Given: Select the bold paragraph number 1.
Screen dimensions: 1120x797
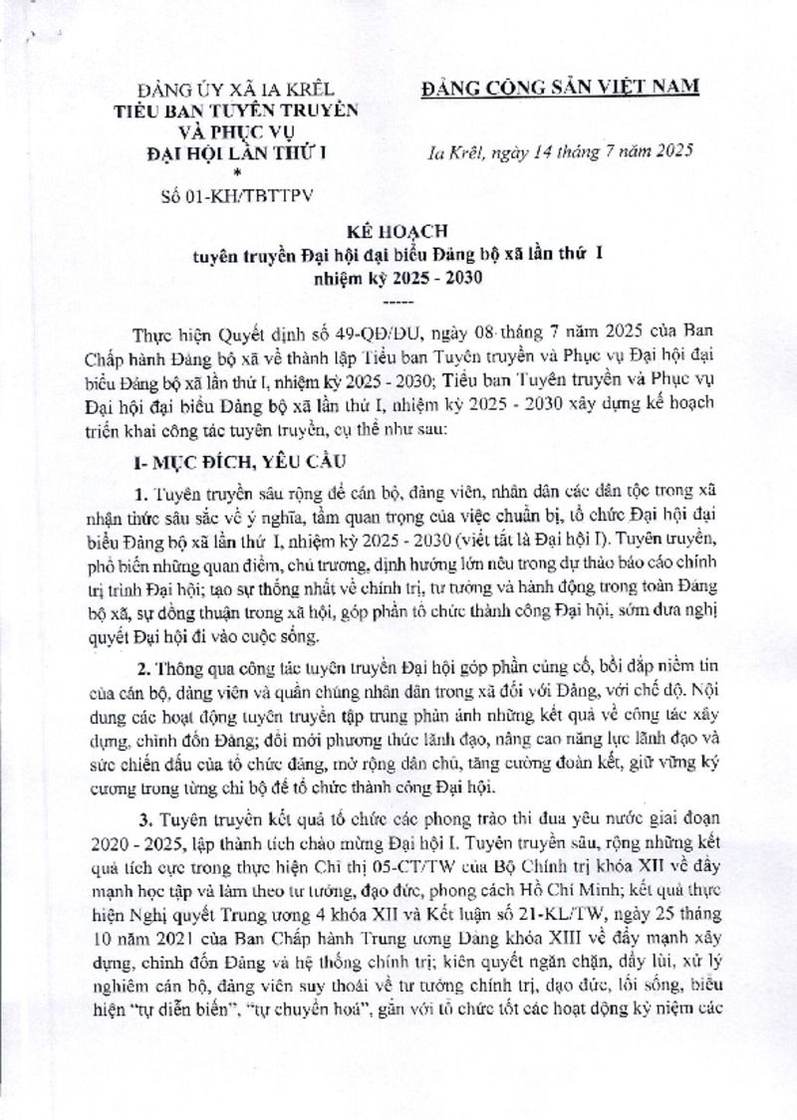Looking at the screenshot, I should (142, 494).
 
